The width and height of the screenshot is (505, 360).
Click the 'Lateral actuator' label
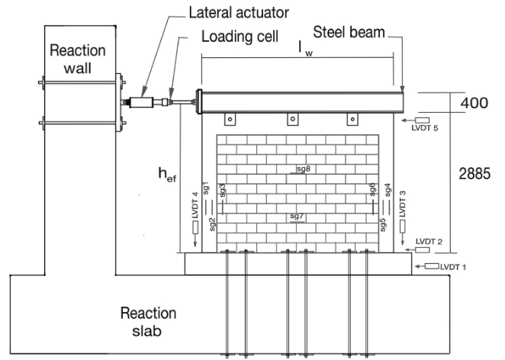(x=239, y=12)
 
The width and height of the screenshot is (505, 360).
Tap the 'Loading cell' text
(x=240, y=37)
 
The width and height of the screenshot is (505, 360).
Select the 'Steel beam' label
(x=349, y=32)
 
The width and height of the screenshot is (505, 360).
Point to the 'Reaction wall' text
(x=78, y=59)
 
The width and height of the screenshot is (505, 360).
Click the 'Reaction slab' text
(x=148, y=322)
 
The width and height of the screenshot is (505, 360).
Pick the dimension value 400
(x=474, y=103)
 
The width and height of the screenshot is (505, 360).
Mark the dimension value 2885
(x=474, y=174)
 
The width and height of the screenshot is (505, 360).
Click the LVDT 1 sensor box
(x=432, y=266)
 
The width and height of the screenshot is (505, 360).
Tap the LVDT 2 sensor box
(x=422, y=250)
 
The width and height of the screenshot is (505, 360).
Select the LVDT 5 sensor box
(x=422, y=120)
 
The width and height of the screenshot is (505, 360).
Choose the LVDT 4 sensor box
(x=195, y=227)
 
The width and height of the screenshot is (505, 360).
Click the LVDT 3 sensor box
(x=403, y=226)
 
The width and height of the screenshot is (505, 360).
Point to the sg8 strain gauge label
(x=304, y=169)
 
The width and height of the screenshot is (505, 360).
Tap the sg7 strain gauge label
(x=297, y=216)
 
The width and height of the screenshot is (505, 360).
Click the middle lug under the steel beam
(x=292, y=119)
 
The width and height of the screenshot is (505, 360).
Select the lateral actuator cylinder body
(x=141, y=102)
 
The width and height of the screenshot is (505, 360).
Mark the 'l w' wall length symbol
(x=306, y=49)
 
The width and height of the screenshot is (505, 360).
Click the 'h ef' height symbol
(x=167, y=175)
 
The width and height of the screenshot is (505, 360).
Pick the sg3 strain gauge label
(x=222, y=191)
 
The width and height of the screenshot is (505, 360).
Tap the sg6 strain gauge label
(x=372, y=189)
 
